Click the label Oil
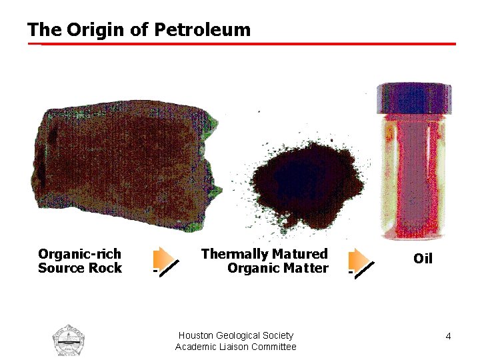423,259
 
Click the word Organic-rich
79,254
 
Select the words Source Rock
79,269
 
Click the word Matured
300,254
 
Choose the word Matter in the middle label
305,269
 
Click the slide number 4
449,336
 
